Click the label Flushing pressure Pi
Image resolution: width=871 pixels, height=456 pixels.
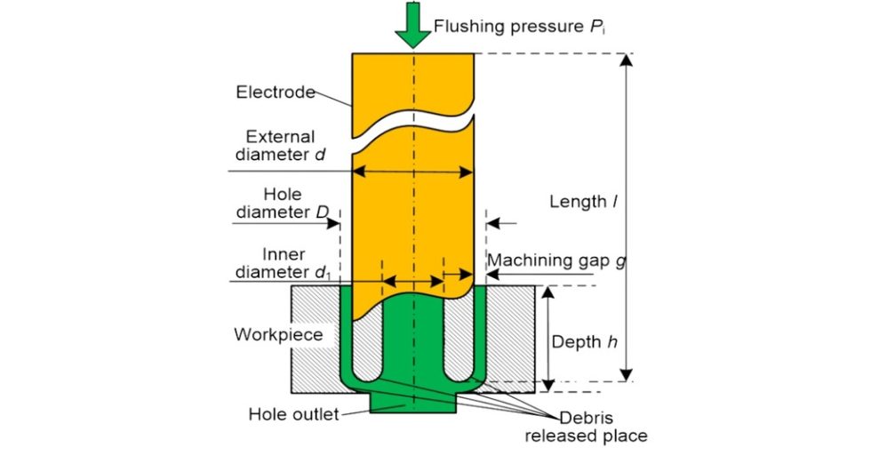point(519,26)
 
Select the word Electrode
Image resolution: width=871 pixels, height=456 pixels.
point(276,92)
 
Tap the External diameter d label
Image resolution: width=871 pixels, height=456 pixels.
point(281,146)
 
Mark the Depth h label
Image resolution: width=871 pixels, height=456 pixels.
point(584,340)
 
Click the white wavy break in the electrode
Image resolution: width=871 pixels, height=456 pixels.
point(412,128)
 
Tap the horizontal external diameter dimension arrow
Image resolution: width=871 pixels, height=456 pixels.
point(412,172)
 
